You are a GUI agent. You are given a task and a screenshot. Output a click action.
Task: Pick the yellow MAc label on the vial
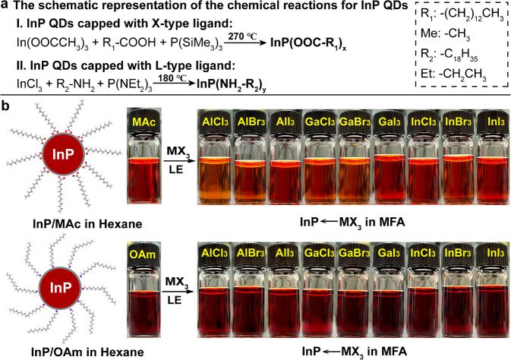(x=147, y=122)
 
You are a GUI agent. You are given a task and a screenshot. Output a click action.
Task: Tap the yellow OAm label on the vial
(x=147, y=247)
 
